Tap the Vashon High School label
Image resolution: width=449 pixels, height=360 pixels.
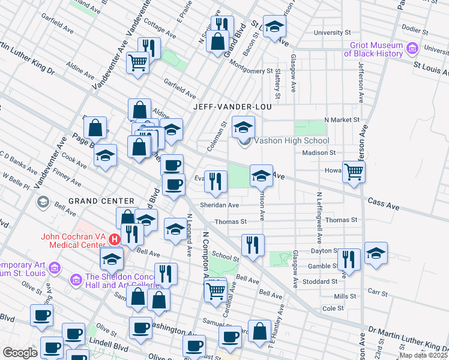point(292,141)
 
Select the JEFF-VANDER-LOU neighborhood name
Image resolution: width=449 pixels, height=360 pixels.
point(233,107)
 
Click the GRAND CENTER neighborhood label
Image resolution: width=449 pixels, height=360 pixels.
point(101,200)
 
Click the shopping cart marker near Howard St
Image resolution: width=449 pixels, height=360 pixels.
point(354,172)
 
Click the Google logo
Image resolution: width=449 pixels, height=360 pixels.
point(19,352)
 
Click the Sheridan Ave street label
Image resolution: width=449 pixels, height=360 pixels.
point(220,205)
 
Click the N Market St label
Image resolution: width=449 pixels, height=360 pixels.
point(341,119)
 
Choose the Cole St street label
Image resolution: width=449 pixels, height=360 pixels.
point(332,308)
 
